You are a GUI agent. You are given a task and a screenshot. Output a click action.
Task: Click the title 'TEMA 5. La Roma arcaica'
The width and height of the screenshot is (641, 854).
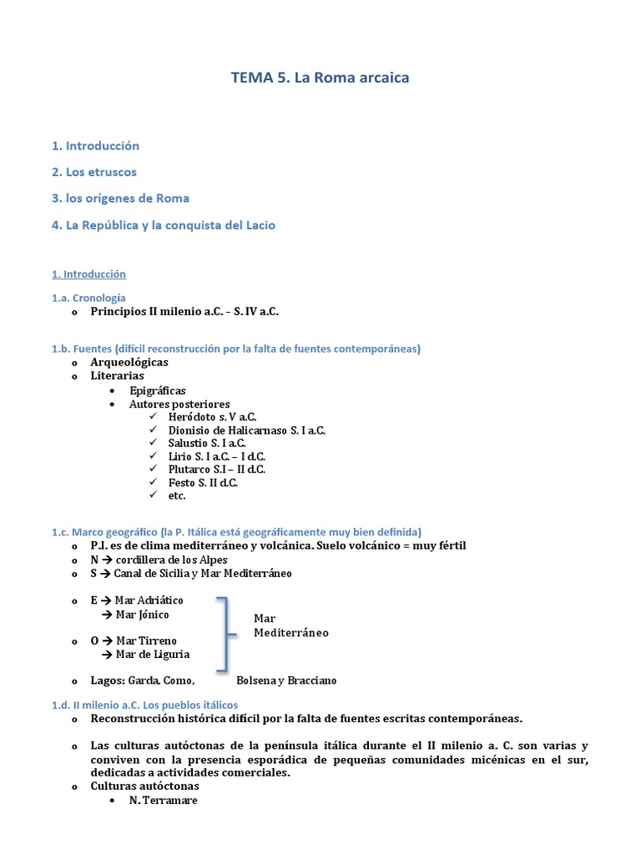(x=320, y=78)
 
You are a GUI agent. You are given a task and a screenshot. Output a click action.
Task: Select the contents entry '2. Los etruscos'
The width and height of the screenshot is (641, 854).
(x=93, y=172)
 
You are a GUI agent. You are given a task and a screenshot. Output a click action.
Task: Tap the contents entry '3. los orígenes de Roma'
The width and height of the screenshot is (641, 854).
(x=120, y=198)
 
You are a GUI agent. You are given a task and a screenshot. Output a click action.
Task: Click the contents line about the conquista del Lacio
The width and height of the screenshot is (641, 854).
(x=163, y=225)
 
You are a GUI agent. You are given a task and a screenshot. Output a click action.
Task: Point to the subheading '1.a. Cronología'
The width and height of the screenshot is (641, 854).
(x=88, y=297)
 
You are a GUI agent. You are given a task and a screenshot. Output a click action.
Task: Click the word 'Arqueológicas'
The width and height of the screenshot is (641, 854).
(x=129, y=362)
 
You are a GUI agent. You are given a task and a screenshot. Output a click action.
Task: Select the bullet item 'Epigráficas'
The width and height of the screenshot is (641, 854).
(x=158, y=390)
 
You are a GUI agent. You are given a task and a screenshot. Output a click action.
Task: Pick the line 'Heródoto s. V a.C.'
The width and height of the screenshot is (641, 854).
(x=212, y=417)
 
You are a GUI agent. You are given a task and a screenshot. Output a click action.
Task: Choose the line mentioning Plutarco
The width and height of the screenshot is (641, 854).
(x=216, y=470)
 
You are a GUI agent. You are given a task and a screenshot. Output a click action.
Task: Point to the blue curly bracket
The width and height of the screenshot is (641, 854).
(x=223, y=634)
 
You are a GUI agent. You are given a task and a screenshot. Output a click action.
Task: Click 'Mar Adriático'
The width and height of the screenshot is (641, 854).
(x=149, y=600)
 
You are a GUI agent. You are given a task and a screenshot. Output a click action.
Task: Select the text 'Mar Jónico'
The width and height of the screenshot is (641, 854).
(x=142, y=615)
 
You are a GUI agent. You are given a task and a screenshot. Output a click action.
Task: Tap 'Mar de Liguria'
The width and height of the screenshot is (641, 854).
(x=153, y=655)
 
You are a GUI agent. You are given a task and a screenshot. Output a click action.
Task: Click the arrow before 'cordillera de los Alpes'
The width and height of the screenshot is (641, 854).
(x=108, y=560)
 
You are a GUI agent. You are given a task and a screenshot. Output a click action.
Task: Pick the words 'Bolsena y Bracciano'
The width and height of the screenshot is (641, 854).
(x=286, y=681)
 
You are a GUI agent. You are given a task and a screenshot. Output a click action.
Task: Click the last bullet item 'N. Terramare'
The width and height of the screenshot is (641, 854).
(x=163, y=801)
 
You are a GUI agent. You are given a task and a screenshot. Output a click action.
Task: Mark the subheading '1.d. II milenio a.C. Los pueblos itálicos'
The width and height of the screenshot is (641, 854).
(x=144, y=705)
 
